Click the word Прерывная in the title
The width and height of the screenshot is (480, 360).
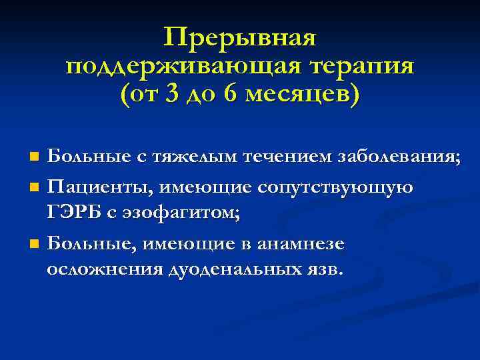pos(239,38)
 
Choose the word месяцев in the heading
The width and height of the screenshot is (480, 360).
pos(295,95)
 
